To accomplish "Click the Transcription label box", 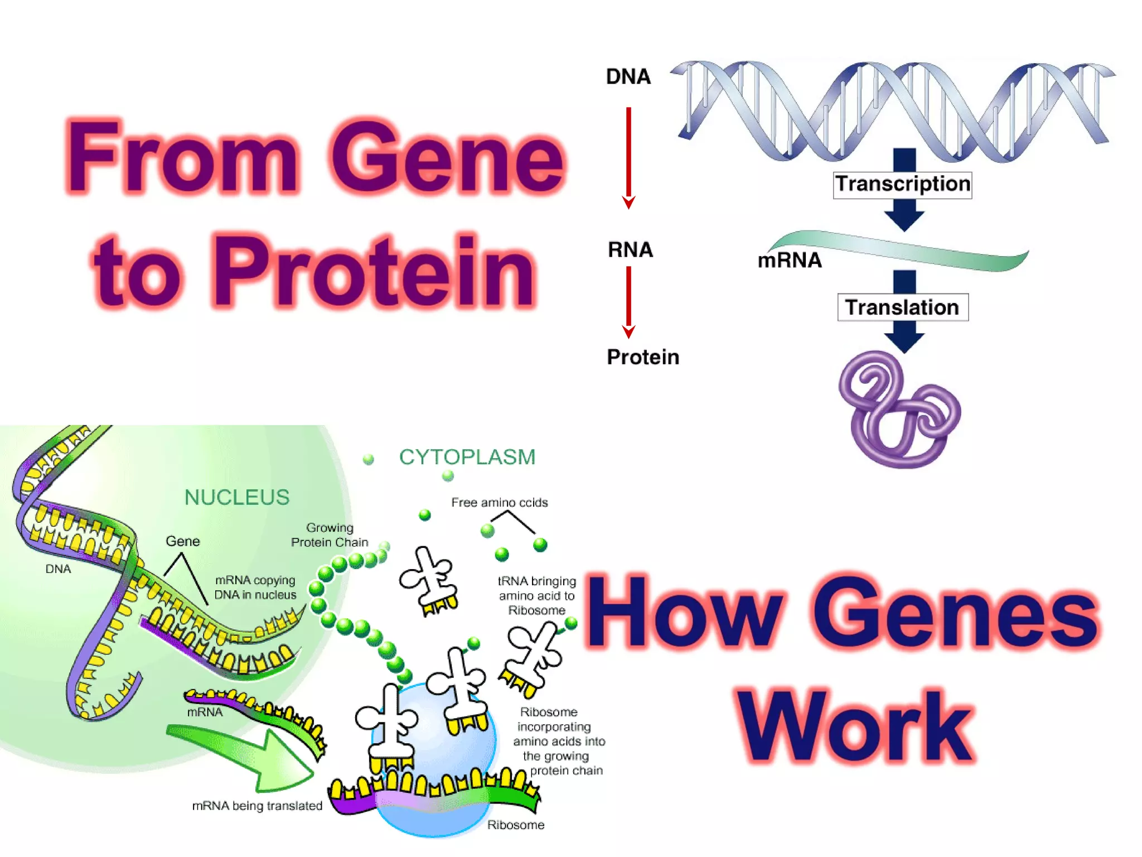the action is click(x=902, y=185).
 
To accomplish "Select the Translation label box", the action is click(x=902, y=307).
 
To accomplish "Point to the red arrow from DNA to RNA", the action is click(x=628, y=156).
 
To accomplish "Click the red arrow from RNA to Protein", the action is click(x=628, y=301).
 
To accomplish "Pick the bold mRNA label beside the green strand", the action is click(x=790, y=260).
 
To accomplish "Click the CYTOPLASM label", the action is click(x=467, y=457).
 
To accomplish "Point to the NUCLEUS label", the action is click(x=237, y=497).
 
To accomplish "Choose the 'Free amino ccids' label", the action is click(x=499, y=502).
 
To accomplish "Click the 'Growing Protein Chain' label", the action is click(x=330, y=535).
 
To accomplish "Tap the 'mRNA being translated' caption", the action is click(x=257, y=806).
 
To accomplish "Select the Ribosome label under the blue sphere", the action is click(x=516, y=825).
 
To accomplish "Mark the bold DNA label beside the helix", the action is click(x=628, y=76).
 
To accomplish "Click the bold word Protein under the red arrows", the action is click(x=643, y=357).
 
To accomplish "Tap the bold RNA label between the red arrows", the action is click(x=630, y=249).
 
